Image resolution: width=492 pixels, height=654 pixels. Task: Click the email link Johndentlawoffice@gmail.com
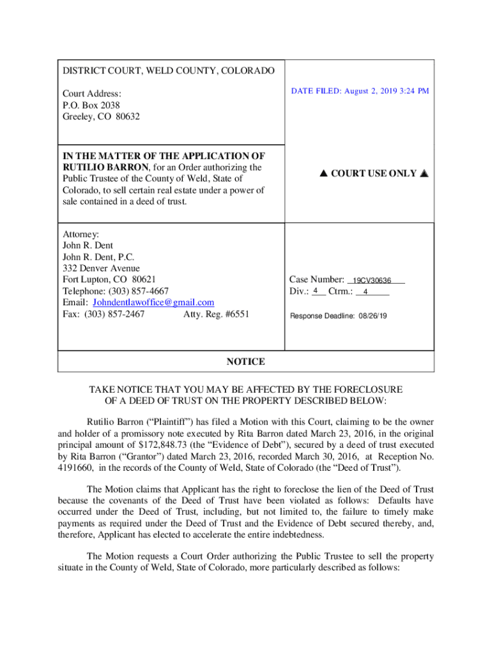(153, 302)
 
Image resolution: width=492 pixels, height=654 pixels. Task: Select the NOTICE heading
(246, 361)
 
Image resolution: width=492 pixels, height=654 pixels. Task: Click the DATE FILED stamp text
(360, 91)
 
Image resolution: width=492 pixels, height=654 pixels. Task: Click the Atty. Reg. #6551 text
(217, 314)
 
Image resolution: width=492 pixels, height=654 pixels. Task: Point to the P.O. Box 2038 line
(91, 105)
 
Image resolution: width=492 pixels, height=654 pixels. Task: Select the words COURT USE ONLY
(374, 174)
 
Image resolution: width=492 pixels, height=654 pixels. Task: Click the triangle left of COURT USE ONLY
(322, 174)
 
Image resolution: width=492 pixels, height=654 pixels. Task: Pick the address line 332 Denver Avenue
(101, 268)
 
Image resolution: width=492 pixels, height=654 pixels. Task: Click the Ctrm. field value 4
(365, 293)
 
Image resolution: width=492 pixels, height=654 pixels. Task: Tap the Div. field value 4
(316, 291)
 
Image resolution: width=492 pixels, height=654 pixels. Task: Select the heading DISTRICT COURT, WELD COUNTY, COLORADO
(169, 70)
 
